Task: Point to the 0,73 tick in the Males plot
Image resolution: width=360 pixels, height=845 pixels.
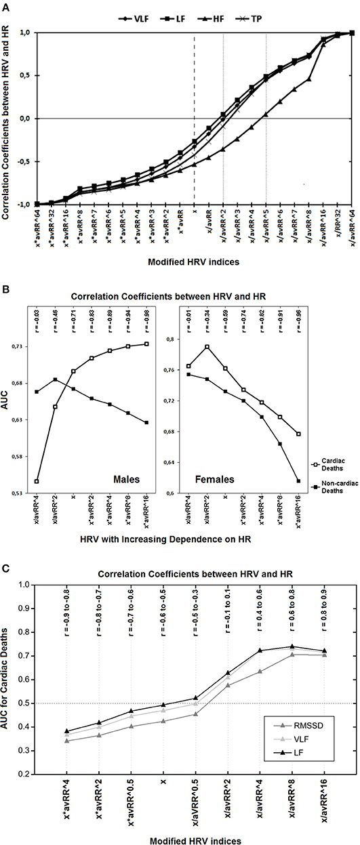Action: tap(21, 347)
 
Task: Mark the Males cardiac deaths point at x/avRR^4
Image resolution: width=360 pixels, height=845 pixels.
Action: tap(37, 482)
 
